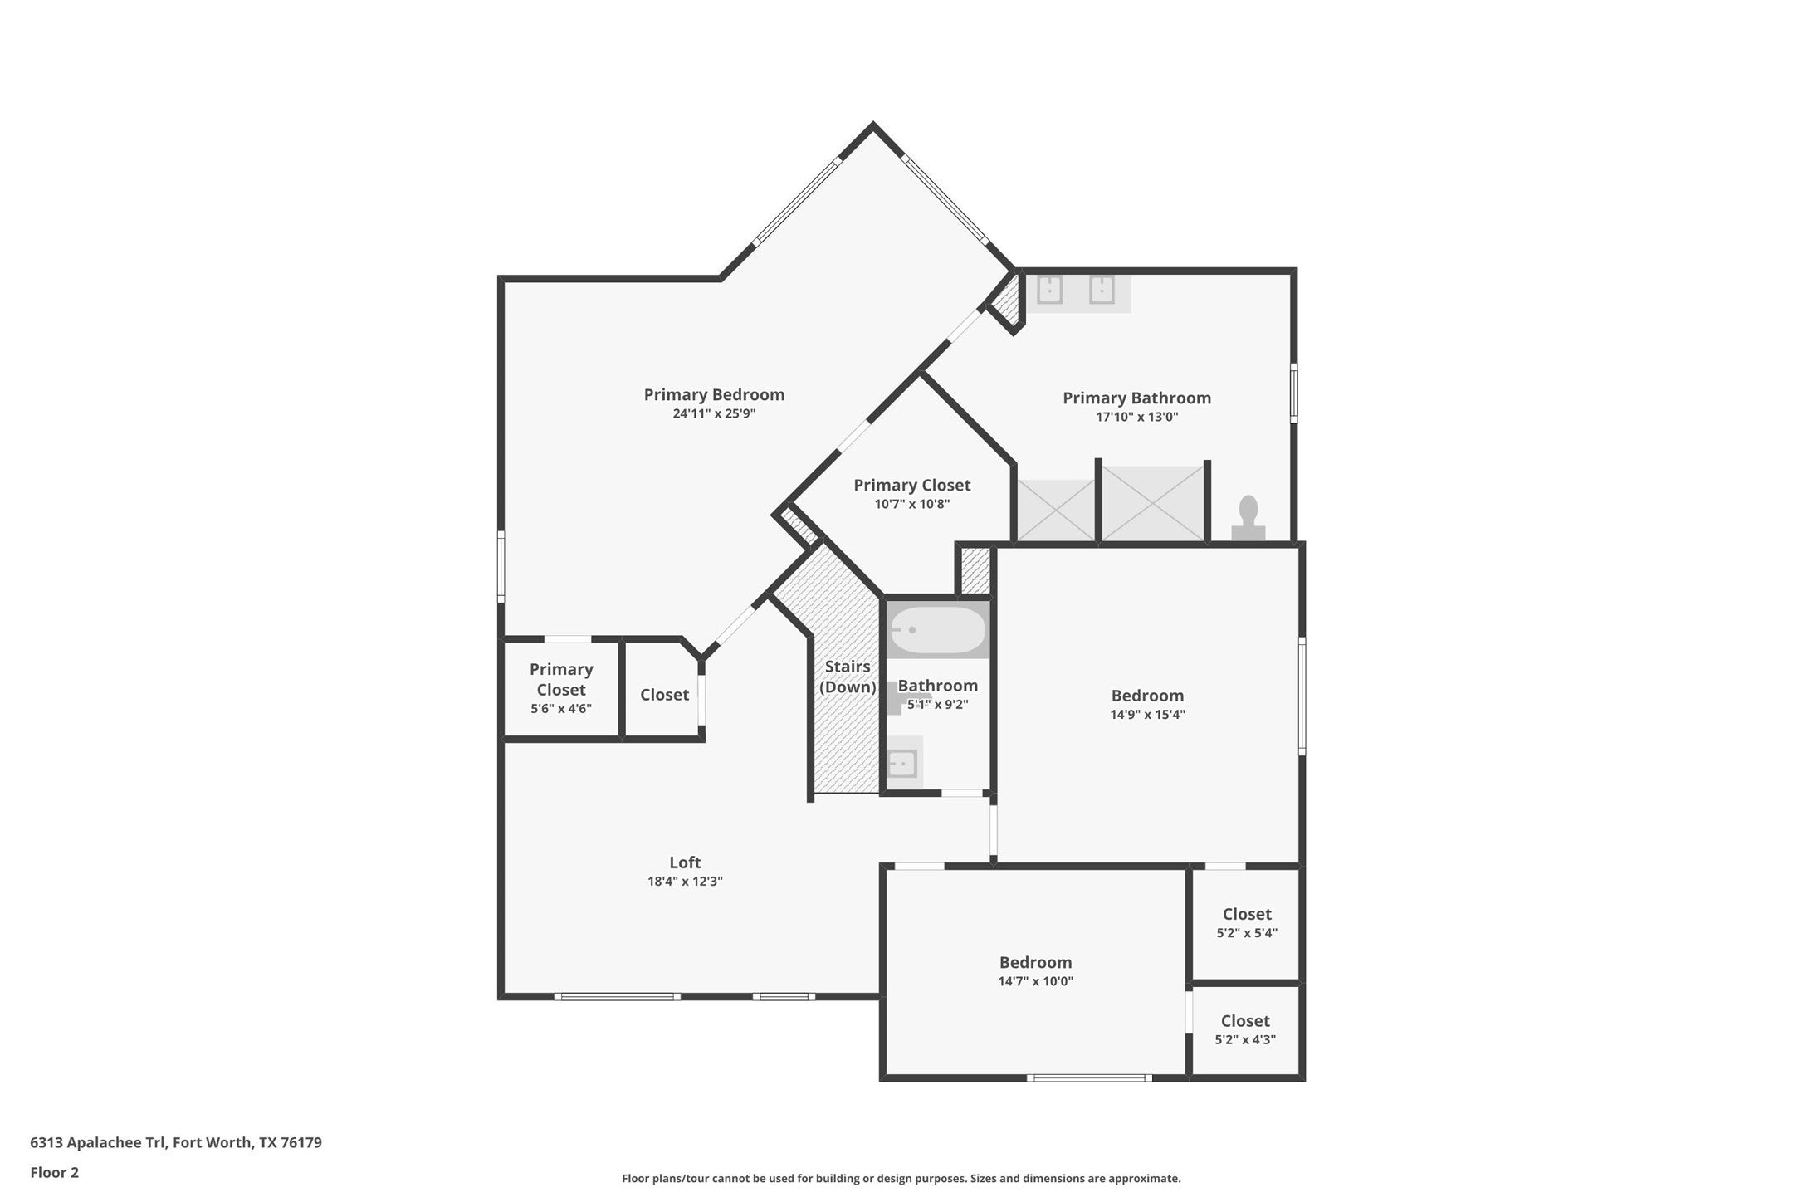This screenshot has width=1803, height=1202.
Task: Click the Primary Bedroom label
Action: point(714,395)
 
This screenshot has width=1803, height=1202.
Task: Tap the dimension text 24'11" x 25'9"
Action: point(714,414)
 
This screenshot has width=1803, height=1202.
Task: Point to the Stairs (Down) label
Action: point(848,677)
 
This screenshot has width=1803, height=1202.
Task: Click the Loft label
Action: point(685,862)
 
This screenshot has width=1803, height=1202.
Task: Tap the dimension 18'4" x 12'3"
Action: point(685,882)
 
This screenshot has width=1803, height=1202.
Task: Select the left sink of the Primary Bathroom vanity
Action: point(1050,291)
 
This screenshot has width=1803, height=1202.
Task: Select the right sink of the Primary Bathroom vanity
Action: point(1101,291)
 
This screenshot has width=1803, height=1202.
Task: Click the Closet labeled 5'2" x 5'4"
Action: point(1247,915)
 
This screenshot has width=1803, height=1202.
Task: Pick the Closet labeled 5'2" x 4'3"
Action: point(1245,1022)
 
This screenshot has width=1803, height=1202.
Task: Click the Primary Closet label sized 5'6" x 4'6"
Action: point(561,680)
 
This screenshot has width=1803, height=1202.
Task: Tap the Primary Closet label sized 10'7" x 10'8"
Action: point(911,486)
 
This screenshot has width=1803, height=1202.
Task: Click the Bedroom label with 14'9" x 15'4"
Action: point(1147,696)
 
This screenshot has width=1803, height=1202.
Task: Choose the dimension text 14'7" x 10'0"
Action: point(1035,981)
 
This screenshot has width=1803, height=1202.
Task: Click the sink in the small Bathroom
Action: point(902,761)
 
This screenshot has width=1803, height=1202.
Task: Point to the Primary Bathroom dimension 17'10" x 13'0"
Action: point(1136,418)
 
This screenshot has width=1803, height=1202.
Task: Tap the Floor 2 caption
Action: point(55,1173)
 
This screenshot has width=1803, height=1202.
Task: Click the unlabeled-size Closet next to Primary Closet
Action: point(664,695)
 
